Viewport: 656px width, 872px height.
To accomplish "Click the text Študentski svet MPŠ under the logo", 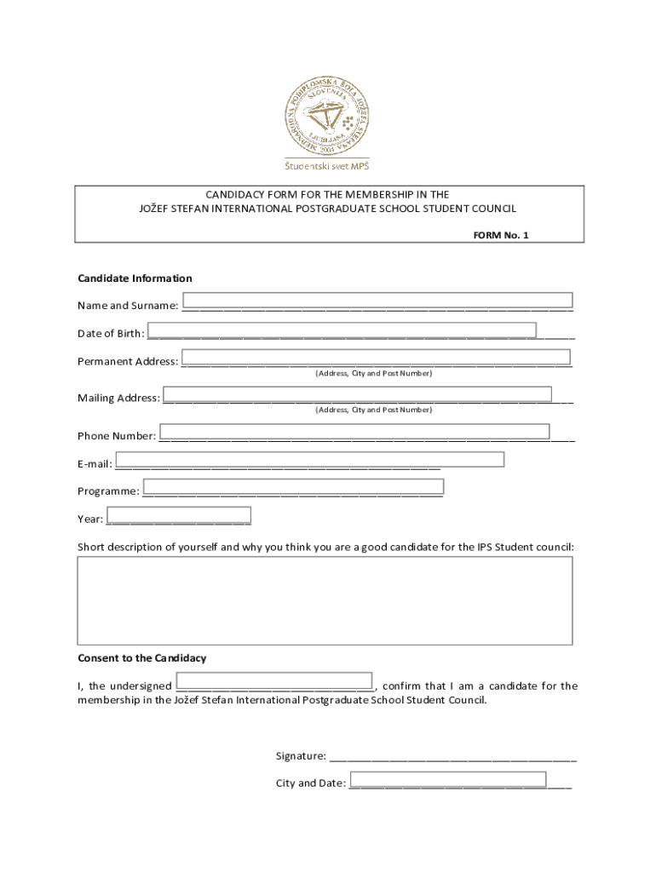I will [x=328, y=165].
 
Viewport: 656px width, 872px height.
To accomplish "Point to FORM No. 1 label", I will [x=501, y=235].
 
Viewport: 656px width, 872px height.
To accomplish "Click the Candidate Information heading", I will [x=135, y=278].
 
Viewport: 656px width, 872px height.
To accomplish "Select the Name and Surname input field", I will [x=377, y=300].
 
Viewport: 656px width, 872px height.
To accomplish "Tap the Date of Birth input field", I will [x=342, y=330].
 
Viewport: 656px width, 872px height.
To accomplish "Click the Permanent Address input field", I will [x=376, y=357].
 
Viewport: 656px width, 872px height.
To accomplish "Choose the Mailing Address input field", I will [x=357, y=394].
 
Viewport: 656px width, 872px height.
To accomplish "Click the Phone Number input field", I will [x=354, y=432].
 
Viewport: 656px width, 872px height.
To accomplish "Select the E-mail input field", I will [x=310, y=460].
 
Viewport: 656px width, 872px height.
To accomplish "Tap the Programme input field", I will [x=293, y=487].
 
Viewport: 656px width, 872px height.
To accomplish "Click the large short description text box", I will [x=325, y=600].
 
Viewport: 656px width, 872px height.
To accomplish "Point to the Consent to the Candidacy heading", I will [x=141, y=658].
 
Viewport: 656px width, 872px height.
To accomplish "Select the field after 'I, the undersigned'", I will [x=274, y=681].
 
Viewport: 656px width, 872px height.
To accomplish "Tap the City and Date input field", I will [x=448, y=779].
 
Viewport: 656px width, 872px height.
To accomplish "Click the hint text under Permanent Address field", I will [x=373, y=374].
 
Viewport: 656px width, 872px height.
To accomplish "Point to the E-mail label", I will [x=95, y=464].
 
